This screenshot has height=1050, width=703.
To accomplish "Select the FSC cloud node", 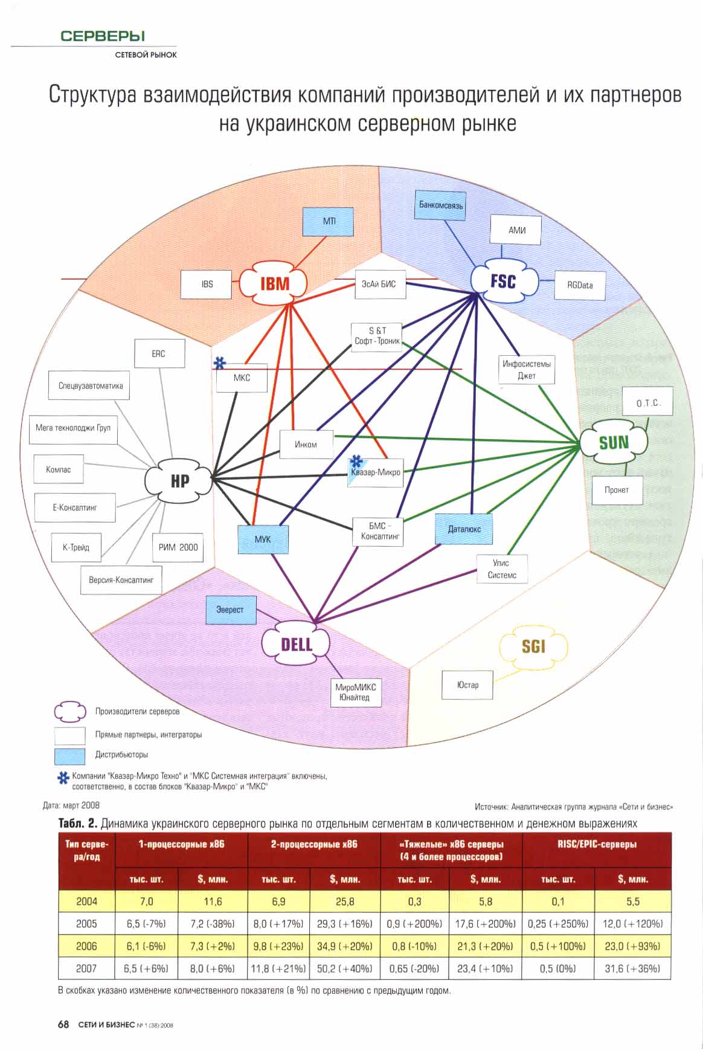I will click(x=503, y=280).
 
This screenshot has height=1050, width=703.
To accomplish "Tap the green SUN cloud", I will click(x=613, y=443).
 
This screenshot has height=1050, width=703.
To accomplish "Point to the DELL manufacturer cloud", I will click(x=296, y=644).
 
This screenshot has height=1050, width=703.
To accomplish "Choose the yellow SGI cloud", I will click(x=533, y=647).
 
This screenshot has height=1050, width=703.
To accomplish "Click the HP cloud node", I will click(x=179, y=480).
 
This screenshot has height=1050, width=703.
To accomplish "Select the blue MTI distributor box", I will click(x=329, y=222).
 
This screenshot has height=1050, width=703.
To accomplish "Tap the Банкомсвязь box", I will click(x=441, y=205).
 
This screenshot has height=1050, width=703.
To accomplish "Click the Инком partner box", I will click(x=306, y=445).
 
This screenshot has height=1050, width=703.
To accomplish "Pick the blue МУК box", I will click(x=263, y=539).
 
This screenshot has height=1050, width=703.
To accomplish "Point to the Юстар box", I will click(x=467, y=685).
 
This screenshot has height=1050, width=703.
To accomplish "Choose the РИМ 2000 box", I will click(x=178, y=547).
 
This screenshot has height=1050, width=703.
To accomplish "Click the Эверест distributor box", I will click(x=230, y=610).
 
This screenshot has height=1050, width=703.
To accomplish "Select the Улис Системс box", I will click(x=501, y=569).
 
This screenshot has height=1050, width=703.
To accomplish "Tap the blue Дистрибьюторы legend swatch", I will click(x=69, y=755).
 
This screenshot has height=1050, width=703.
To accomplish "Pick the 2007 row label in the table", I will click(x=86, y=968).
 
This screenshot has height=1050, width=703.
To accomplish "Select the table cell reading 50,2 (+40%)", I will click(x=344, y=968).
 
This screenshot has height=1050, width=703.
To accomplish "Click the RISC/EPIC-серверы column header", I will click(x=597, y=845).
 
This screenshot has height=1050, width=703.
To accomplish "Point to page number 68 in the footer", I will click(x=63, y=1025).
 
